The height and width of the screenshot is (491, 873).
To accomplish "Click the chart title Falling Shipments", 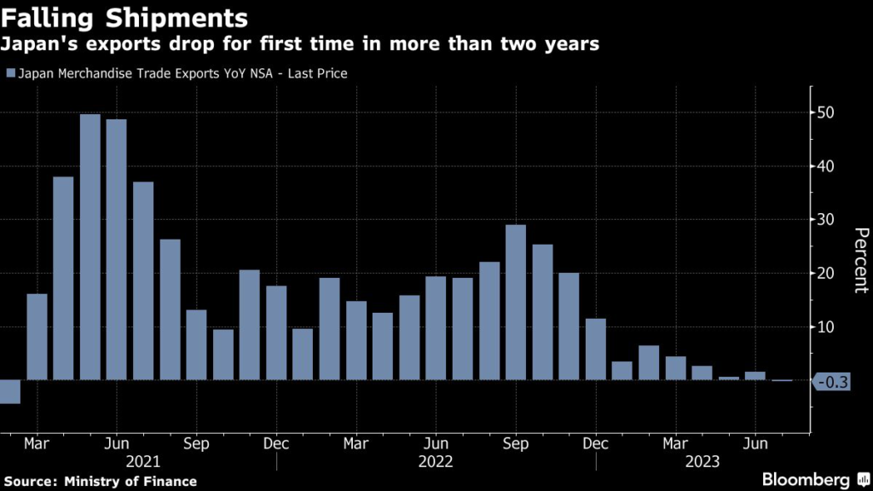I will click(x=126, y=17).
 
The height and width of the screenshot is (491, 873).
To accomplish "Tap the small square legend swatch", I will click(x=10, y=73).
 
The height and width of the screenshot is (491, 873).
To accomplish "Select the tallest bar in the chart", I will click(x=90, y=247).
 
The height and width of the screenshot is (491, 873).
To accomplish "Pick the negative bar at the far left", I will click(x=9, y=392).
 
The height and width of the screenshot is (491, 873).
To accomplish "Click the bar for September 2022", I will click(x=516, y=303).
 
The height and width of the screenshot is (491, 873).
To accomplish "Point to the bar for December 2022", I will click(x=596, y=349).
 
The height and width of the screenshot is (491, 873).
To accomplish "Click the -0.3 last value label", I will click(x=832, y=382).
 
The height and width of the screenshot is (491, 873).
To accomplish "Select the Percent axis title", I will click(x=860, y=260).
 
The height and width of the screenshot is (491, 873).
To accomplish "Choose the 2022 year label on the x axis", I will click(x=436, y=461).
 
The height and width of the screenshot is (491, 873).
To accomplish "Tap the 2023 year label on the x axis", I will click(x=702, y=461).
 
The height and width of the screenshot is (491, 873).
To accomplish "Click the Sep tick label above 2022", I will click(x=516, y=443).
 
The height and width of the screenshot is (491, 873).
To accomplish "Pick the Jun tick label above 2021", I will click(x=116, y=443).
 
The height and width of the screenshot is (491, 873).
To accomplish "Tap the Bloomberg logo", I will click(x=807, y=481).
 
